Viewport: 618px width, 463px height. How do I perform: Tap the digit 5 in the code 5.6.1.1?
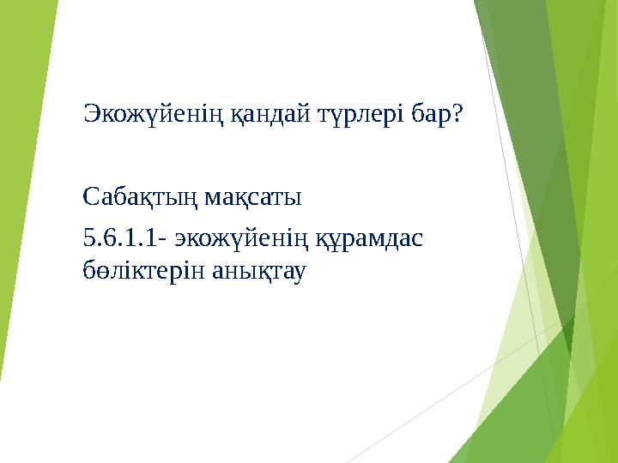click(88, 238)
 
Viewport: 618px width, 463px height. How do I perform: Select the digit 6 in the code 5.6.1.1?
click(107, 238)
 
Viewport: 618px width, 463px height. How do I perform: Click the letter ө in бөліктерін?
click(103, 272)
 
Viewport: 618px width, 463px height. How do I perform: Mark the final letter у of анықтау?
click(303, 273)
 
